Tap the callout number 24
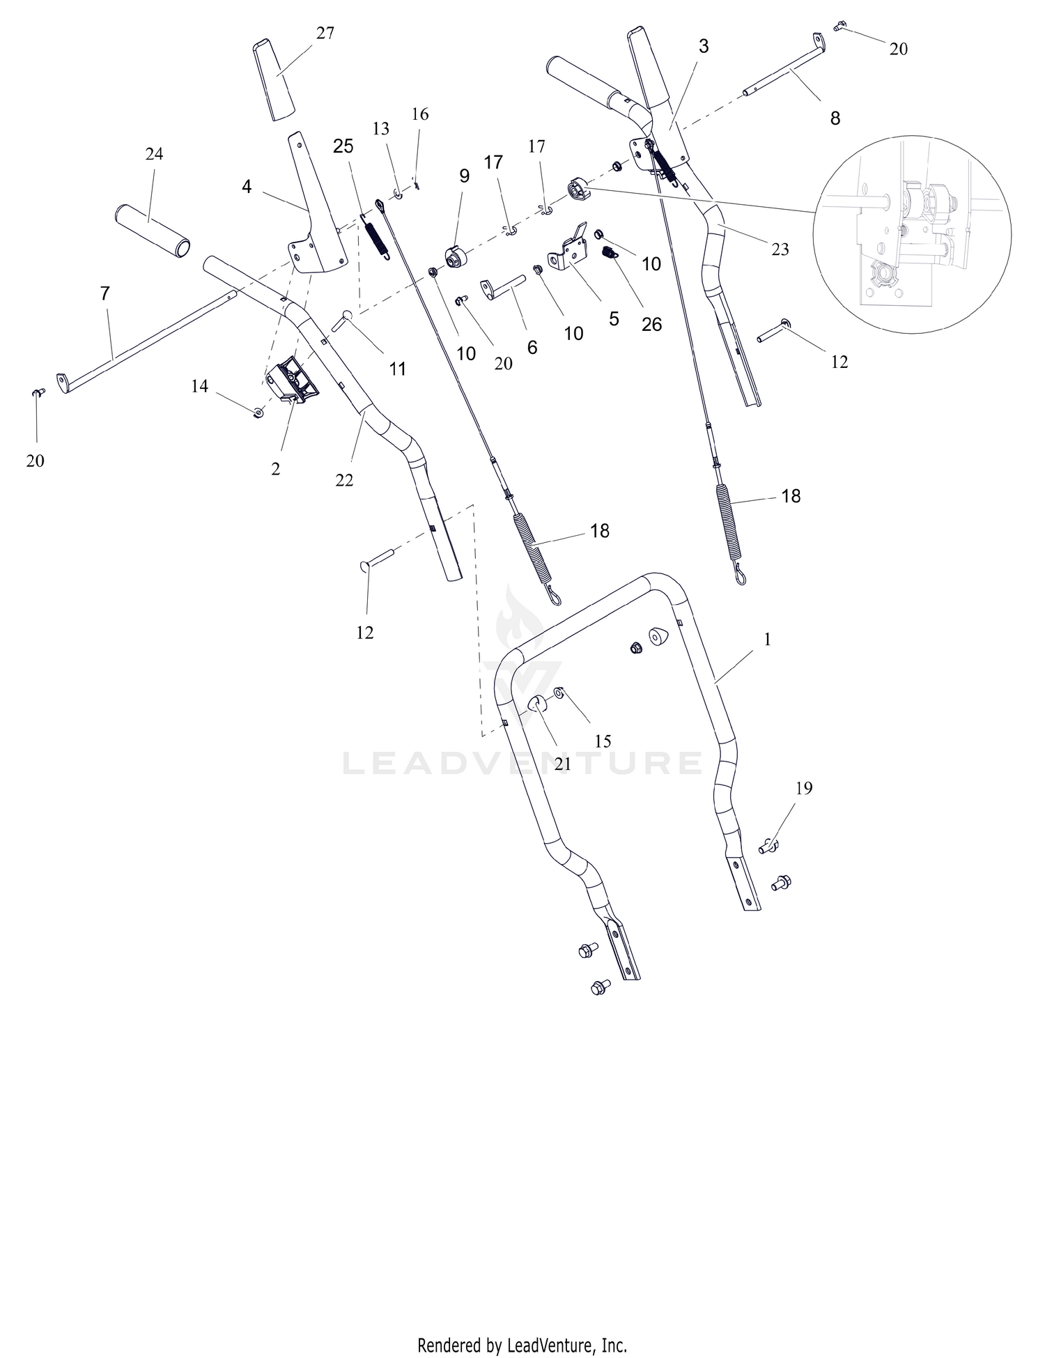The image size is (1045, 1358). point(155,154)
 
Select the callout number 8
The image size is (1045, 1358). point(835,118)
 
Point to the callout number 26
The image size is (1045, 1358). point(651,324)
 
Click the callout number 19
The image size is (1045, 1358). point(804,788)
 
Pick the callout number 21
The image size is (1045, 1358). point(563,764)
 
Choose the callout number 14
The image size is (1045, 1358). point(200,386)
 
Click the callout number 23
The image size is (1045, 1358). point(780,249)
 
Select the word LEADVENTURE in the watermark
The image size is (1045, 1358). point(522,762)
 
